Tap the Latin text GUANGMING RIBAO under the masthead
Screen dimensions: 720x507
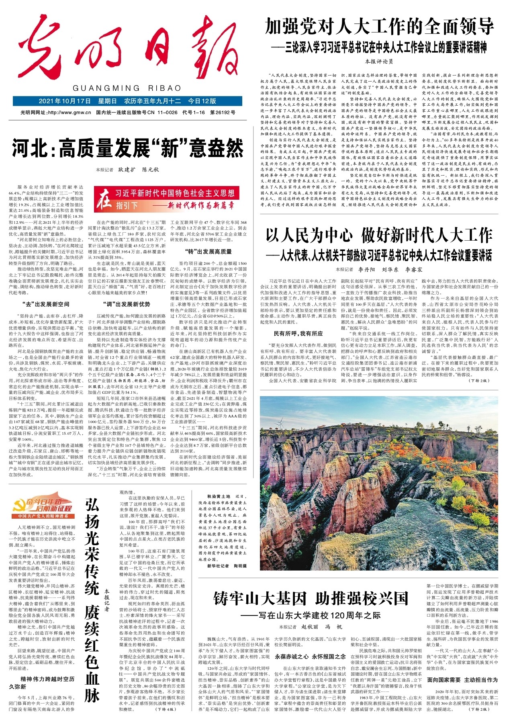[x=127, y=88]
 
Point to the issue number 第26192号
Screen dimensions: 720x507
[x=223, y=112]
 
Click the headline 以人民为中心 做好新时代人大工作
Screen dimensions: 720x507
[x=378, y=236]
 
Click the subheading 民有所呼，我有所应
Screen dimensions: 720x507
[x=298, y=333]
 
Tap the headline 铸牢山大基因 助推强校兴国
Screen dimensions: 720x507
[x=311, y=599]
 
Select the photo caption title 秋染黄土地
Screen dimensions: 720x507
[x=219, y=497]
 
